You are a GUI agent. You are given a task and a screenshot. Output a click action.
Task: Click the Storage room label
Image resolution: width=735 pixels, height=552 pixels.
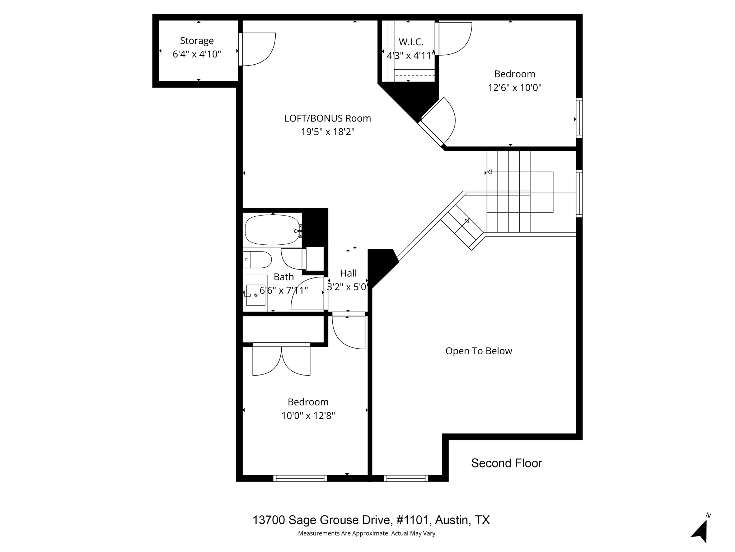point(197,41)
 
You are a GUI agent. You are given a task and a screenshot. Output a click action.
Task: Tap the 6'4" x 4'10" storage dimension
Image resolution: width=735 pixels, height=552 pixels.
point(197,54)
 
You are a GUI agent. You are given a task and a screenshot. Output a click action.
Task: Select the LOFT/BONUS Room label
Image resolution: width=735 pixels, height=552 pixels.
point(328,118)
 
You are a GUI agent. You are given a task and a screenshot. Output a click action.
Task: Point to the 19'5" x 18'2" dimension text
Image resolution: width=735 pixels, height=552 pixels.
point(328,132)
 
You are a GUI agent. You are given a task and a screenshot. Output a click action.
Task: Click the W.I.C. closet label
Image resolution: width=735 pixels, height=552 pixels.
point(411,42)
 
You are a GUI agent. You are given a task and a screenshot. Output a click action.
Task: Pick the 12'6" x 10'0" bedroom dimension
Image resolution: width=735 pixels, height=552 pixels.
point(515,88)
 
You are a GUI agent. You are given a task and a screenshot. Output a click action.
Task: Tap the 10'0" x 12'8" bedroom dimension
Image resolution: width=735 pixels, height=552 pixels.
point(308,416)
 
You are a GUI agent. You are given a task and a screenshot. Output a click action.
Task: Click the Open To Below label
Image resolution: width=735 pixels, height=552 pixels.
point(479,351)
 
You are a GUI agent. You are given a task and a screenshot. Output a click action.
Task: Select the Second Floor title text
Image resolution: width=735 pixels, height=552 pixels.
point(506,463)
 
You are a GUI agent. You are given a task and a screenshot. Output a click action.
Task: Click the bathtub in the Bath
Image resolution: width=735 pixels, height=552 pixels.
point(272,230)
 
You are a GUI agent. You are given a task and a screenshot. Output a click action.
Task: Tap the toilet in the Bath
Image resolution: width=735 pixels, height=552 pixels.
point(257,260)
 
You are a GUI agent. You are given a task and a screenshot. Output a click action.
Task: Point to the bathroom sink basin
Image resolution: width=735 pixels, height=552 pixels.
point(256,295)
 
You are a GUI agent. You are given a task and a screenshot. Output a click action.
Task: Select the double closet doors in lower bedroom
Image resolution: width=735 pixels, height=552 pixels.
point(281,359)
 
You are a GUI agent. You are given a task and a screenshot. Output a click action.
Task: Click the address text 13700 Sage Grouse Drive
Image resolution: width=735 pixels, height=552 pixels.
point(321,520)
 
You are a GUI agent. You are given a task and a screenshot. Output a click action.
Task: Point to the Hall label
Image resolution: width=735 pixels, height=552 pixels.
point(348,273)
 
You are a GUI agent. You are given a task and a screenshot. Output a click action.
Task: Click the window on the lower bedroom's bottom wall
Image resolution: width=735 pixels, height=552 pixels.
point(300,478)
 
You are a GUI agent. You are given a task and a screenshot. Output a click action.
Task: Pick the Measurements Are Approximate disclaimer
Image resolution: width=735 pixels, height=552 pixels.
point(367,533)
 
